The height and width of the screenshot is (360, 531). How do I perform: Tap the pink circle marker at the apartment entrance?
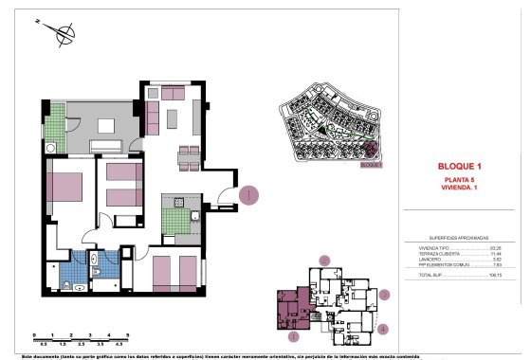(x=248, y=196)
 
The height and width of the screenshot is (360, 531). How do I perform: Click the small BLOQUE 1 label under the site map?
(x=375, y=164)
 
